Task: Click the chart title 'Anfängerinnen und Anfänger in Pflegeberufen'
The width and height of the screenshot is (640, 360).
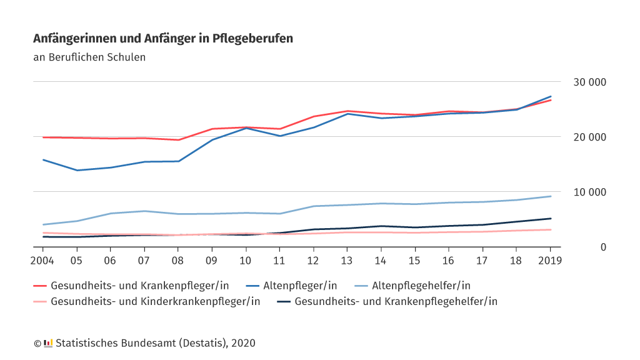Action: coord(162,39)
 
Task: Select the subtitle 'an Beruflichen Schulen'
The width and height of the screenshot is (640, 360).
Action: coord(89,57)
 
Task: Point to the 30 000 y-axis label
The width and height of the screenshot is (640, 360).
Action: coord(589,82)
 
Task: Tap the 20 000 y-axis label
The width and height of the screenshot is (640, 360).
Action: coord(589,137)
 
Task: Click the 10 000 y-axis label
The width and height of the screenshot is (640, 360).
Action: coord(589,192)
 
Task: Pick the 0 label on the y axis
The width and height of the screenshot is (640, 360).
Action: coord(603,247)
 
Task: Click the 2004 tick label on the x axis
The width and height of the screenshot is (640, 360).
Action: coord(43,260)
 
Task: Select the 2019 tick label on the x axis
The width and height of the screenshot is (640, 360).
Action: coord(550,260)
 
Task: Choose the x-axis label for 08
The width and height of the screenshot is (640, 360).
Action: coord(178,260)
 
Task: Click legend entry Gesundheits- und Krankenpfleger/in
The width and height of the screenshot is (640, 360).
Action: coord(139,286)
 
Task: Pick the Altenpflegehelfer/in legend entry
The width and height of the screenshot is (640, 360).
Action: coord(421,286)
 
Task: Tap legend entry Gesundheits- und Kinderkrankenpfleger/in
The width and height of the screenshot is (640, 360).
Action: coord(155,301)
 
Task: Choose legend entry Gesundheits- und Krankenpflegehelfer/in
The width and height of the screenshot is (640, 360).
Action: coord(396,301)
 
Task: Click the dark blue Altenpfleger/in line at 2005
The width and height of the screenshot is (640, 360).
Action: coord(77,170)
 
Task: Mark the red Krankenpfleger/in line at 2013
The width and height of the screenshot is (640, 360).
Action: coord(347,111)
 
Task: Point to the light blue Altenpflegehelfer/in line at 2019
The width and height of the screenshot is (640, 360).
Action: coord(550,196)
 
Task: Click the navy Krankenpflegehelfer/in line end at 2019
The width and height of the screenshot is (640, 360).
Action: coord(550,219)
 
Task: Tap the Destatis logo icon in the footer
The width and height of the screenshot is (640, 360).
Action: coord(48,343)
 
